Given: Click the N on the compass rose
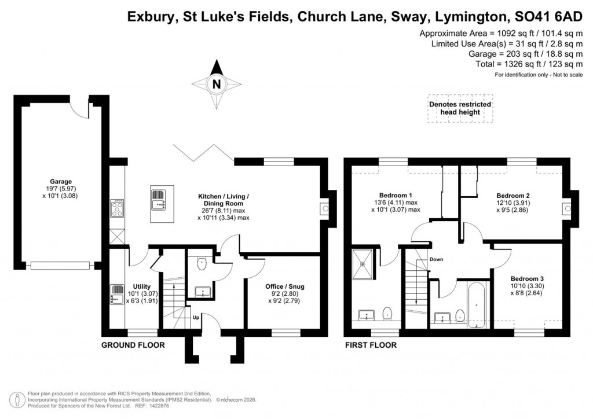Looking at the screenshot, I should tap(217, 84).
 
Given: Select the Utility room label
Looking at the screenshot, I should tap(142, 286).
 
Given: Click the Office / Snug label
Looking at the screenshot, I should tap(284, 286).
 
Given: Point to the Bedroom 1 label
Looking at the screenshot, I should tap(396, 194).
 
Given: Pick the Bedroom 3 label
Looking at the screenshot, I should tap(527, 278).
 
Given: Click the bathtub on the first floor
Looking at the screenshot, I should tap(476, 303).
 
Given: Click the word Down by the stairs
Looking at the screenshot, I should tap(436, 259).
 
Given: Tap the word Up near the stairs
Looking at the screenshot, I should tap(195, 318).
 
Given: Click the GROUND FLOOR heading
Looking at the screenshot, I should tap(133, 346).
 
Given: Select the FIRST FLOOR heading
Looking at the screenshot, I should tap(371, 346).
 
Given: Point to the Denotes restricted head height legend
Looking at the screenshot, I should tap(460, 108).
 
